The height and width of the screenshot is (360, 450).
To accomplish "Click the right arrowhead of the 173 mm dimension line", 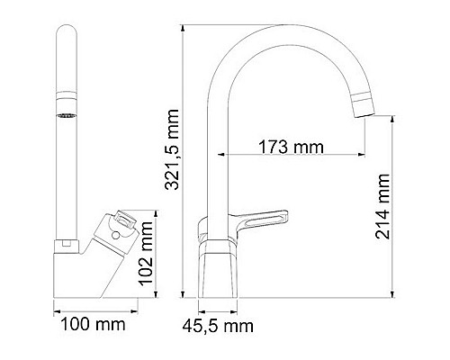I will [x=362, y=156].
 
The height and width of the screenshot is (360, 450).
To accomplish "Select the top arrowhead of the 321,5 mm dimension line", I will [x=184, y=28].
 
